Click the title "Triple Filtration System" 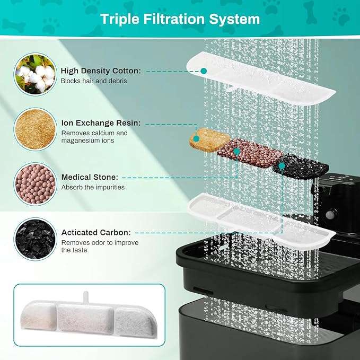tap(180, 20)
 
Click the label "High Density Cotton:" tap(101, 71)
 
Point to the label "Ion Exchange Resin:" tap(101, 123)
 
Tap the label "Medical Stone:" tap(90, 177)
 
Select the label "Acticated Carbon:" tap(96, 232)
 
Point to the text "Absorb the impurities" tap(93, 187)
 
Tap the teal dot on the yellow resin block tap(196, 138)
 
